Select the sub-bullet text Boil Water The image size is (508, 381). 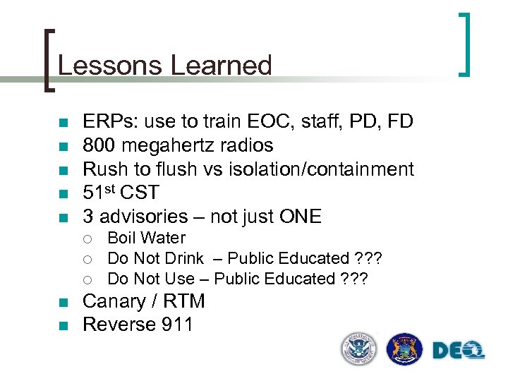pyautogui.click(x=146, y=238)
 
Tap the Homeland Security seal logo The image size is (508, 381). pyautogui.click(x=359, y=349)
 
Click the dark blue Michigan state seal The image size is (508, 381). pyautogui.click(x=405, y=349)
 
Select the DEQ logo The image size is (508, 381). pyautogui.click(x=458, y=349)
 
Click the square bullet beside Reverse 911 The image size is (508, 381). pyautogui.click(x=62, y=325)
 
